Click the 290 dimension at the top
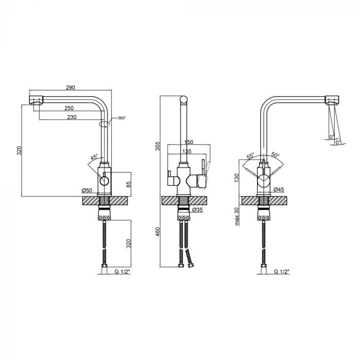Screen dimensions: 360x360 click(70, 87)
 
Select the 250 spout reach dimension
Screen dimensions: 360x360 click(69, 108)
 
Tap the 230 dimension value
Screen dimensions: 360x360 click(72, 117)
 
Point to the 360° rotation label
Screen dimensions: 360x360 click(122, 118)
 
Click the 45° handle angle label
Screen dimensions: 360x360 click(94, 157)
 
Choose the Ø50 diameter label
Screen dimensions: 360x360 click(87, 190)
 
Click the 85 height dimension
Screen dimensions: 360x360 click(129, 184)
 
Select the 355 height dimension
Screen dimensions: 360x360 click(158, 146)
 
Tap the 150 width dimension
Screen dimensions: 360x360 click(189, 142)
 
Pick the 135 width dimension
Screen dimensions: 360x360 click(187, 152)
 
